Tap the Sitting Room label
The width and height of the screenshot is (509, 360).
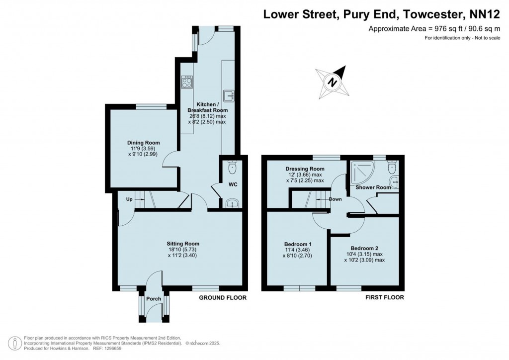tap(182, 244)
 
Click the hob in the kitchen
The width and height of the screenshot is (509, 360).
tap(187, 82)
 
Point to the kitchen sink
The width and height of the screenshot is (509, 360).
tap(229, 94)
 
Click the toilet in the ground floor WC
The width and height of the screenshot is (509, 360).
tap(232, 168)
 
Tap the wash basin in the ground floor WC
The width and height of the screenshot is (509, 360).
tap(232, 202)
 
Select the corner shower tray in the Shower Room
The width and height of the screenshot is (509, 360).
tap(360, 171)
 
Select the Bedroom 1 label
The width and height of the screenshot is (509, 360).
tap(298, 244)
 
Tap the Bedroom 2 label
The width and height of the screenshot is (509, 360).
tap(364, 248)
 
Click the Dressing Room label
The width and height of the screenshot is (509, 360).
tap(305, 169)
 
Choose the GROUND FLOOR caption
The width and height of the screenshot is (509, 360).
tap(222, 298)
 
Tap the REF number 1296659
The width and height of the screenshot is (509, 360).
tap(111, 348)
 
